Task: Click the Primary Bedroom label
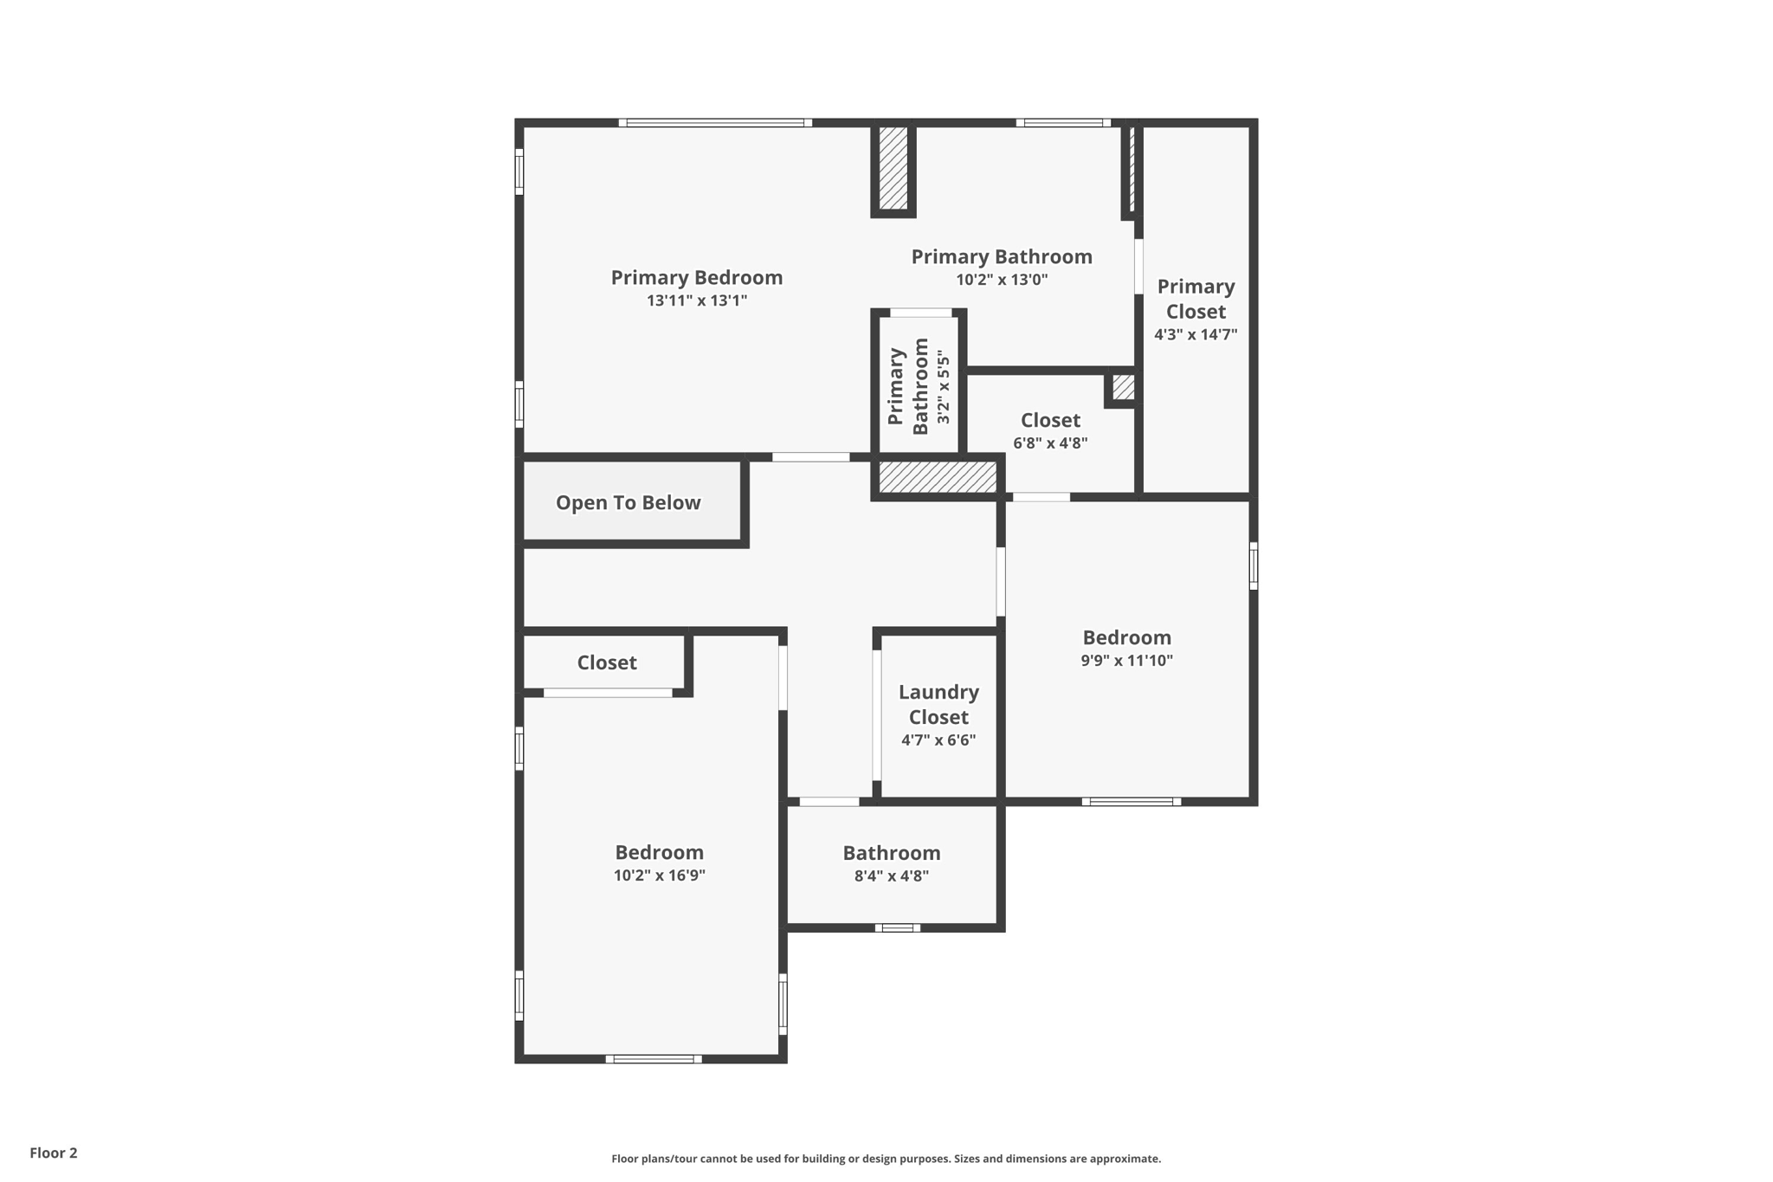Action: (x=696, y=278)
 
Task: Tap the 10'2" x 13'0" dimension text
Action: (x=1002, y=280)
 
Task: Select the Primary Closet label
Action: (x=1196, y=299)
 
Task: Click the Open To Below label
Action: (x=628, y=503)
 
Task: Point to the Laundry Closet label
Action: (x=938, y=704)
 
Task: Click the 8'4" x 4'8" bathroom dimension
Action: (x=891, y=875)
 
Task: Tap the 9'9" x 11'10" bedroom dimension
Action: (x=1126, y=661)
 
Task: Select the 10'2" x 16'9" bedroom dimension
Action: (x=659, y=875)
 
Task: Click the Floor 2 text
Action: (x=54, y=1153)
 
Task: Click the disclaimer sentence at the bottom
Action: (x=886, y=1159)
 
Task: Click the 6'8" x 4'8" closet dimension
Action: (x=1050, y=443)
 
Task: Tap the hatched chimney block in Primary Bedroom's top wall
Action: (x=893, y=168)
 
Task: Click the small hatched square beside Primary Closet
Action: (x=1123, y=387)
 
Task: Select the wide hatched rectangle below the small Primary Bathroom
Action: (x=938, y=477)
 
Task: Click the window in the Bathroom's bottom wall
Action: (x=897, y=927)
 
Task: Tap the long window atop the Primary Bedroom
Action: (x=715, y=123)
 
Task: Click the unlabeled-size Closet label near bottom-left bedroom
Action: (x=607, y=663)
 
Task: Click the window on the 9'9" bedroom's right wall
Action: (x=1253, y=566)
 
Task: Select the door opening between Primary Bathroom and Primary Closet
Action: (x=1138, y=266)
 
